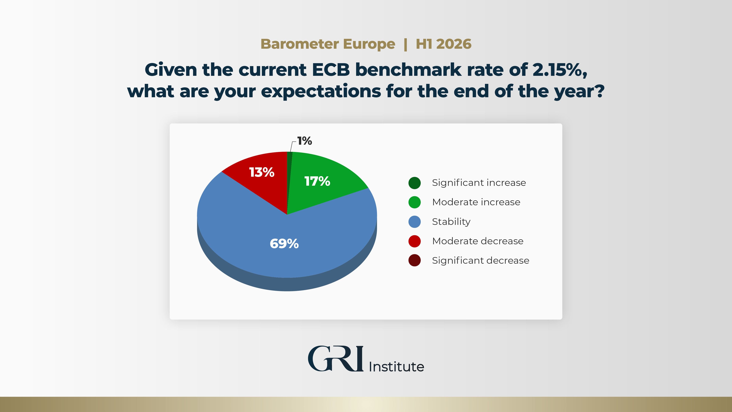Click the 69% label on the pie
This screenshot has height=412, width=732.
click(284, 244)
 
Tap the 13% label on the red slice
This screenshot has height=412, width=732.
click(262, 172)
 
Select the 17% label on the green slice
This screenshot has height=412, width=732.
click(317, 181)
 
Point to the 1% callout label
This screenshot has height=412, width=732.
click(305, 141)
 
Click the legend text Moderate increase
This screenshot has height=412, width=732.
click(476, 202)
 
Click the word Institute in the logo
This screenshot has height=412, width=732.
click(396, 367)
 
